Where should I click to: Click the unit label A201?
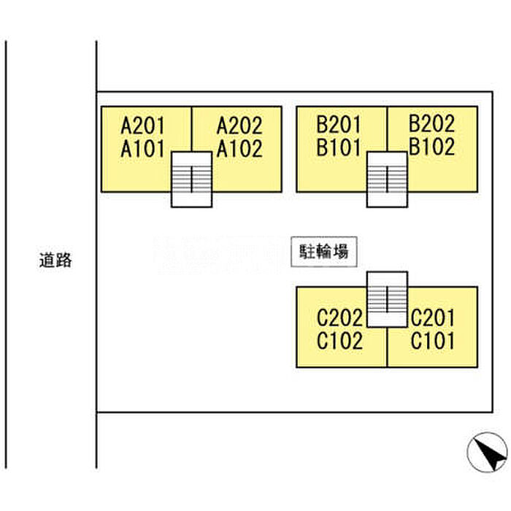coord(144,124)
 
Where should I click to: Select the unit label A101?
coord(144,148)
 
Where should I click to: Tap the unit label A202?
coord(239,124)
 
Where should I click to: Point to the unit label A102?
coord(239,148)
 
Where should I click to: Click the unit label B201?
coord(339,124)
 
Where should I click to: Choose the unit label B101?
coord(339,147)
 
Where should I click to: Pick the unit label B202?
coord(431,123)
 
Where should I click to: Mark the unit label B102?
coord(431,147)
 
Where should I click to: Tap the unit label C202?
coord(339,318)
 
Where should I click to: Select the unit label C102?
coord(339,341)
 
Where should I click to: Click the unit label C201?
coord(433,318)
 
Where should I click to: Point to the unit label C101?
coord(433,341)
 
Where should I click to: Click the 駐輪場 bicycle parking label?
coord(323,253)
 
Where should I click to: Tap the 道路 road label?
coord(55,259)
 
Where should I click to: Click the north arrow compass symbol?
coord(487,453)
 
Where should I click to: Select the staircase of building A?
coord(191,179)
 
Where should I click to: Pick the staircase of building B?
coord(387,179)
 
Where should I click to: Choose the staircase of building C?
coord(387,299)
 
